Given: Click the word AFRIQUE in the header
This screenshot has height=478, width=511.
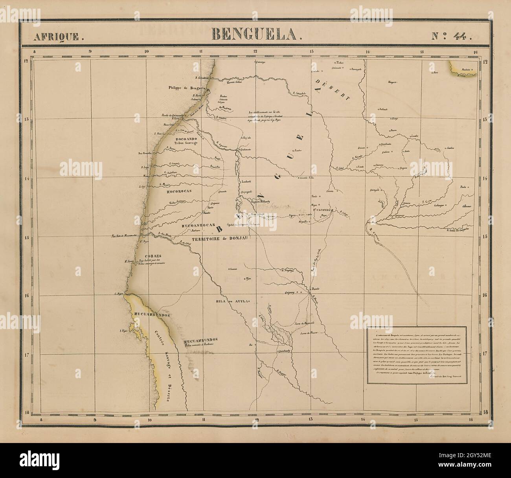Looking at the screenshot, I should click(58, 37).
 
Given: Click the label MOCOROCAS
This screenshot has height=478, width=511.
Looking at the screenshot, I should click(179, 191).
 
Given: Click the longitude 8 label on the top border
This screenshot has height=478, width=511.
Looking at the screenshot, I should click(35, 50).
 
